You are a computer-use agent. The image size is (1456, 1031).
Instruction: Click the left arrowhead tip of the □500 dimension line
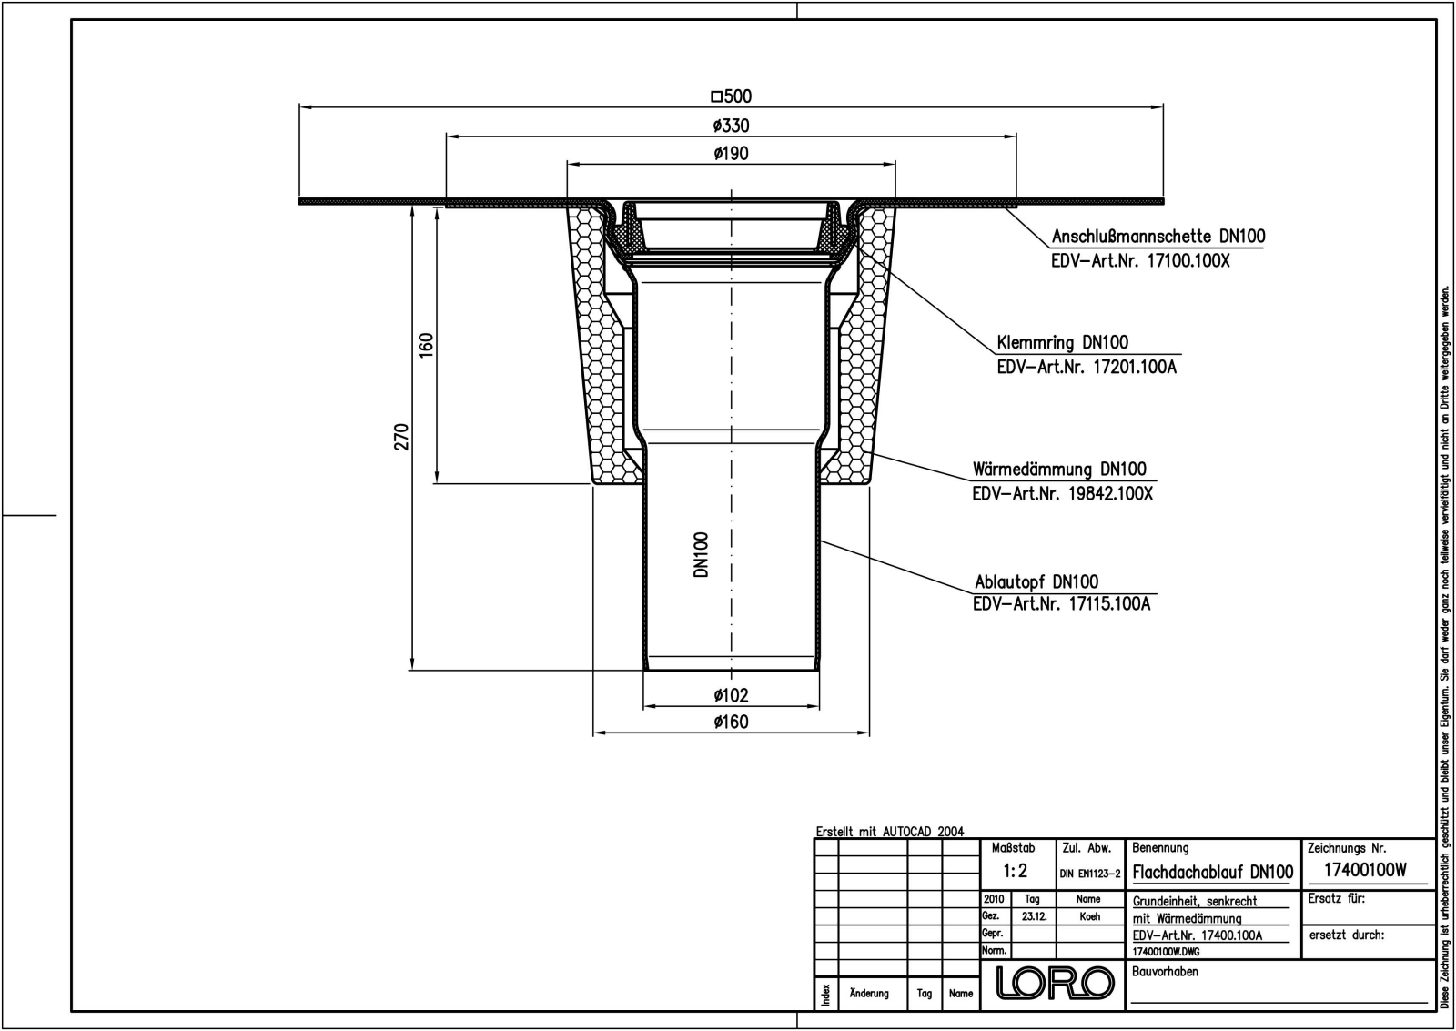point(299,106)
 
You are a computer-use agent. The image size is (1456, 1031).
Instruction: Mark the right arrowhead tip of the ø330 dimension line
point(1016,136)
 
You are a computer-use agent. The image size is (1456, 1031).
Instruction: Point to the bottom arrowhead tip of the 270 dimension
point(412,670)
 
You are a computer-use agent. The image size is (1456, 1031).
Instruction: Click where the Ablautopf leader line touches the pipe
point(820,541)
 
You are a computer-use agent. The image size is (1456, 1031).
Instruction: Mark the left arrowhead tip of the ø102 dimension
point(643,706)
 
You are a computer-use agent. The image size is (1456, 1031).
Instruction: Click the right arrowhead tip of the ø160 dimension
point(869,733)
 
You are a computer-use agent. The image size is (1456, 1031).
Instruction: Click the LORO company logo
point(1055,982)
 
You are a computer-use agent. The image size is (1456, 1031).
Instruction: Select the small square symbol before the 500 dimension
point(716,96)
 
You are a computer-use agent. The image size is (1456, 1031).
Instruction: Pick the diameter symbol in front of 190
point(719,154)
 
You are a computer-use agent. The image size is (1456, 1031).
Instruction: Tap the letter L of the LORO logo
point(1007,982)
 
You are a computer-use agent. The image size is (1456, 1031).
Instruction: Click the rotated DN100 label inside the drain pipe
point(701,554)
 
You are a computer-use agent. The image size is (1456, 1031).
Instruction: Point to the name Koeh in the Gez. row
point(1090,916)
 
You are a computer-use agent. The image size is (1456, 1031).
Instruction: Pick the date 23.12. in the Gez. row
point(1034,916)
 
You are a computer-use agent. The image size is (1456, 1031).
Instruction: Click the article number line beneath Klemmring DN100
point(1087,368)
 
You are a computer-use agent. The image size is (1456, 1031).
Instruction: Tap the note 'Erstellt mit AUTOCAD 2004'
point(890,832)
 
